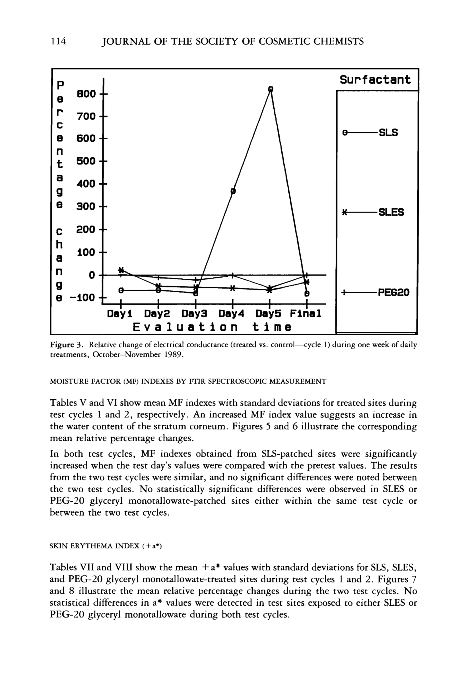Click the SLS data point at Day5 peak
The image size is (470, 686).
[x=271, y=89]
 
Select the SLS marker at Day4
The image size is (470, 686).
[x=233, y=191]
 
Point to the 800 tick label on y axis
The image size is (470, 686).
[x=86, y=94]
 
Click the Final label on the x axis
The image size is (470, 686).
[x=305, y=313]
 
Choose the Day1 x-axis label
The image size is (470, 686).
[x=119, y=313]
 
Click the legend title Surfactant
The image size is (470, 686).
[x=375, y=80]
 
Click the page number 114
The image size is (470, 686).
[x=58, y=42]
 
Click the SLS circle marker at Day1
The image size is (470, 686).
[x=120, y=290]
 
